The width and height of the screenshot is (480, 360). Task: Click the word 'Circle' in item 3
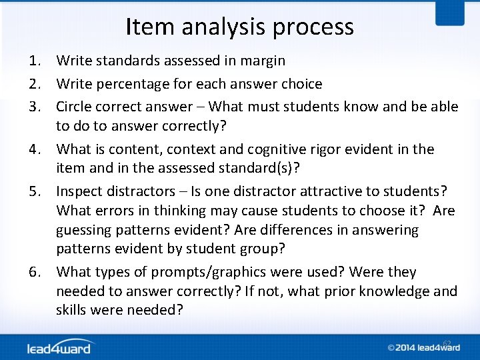click(76, 107)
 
